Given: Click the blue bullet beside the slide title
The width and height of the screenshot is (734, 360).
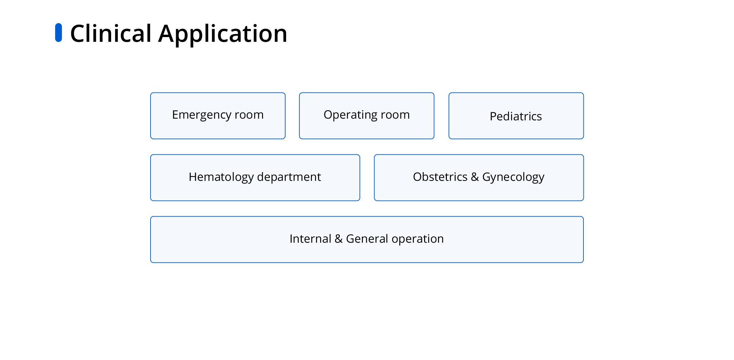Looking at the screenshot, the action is [x=58, y=33].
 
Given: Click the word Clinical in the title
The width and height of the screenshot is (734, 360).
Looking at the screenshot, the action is [x=111, y=34].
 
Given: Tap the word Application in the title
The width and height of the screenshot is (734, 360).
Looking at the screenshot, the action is [x=223, y=34].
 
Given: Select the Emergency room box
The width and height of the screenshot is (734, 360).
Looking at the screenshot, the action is [x=218, y=116].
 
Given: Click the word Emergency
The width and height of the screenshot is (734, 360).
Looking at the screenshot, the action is [x=202, y=115].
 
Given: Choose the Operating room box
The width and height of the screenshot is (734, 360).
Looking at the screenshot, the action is [x=367, y=116].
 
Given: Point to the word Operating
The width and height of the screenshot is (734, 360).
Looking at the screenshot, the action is [x=351, y=115].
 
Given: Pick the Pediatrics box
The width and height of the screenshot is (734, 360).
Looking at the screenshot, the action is [x=516, y=116].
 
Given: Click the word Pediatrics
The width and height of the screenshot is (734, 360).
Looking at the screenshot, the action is [x=516, y=116].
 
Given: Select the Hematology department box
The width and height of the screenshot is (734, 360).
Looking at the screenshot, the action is [x=255, y=178].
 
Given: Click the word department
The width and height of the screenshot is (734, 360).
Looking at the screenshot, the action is [x=289, y=177].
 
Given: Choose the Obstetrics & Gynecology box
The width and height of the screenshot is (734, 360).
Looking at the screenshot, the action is [x=479, y=178].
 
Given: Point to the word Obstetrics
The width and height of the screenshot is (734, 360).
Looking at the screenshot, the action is [x=440, y=177].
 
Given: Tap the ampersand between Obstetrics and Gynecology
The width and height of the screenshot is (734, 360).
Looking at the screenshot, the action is [x=475, y=177].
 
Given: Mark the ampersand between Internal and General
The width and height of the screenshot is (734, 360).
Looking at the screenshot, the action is [x=338, y=239].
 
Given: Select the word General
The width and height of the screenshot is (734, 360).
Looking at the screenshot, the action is [x=367, y=239].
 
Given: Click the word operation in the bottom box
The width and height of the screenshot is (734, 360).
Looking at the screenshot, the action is [x=418, y=239].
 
